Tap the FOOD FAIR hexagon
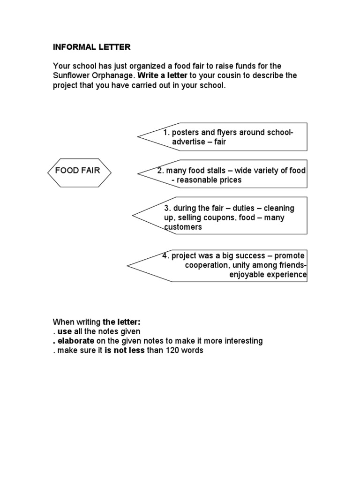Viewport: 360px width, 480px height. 79,171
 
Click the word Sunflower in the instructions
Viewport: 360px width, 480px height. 70,75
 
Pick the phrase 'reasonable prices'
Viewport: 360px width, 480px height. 210,180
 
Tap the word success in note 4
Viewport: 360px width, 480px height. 255,256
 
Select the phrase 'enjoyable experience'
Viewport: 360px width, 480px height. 267,275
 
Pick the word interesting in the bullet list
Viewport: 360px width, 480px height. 241,341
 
